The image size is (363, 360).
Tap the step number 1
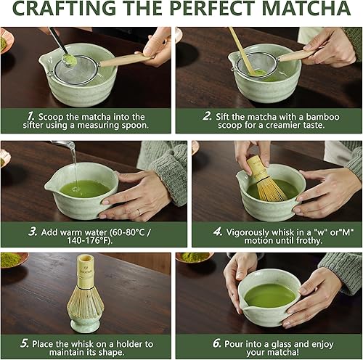pos(30,116)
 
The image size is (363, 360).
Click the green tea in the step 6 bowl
pos(269,295)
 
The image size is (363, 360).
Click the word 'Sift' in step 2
pos(224,116)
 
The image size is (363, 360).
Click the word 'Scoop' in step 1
pos(57,116)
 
